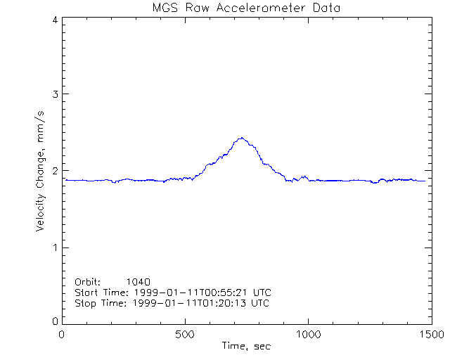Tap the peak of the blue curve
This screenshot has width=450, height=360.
click(241, 138)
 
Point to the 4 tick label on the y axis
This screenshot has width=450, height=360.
click(54, 20)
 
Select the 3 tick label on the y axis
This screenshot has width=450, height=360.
click(54, 94)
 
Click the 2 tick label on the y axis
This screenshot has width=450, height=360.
click(54, 171)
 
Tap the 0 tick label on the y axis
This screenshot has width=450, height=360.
click(54, 321)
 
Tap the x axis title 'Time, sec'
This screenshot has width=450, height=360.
click(246, 346)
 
